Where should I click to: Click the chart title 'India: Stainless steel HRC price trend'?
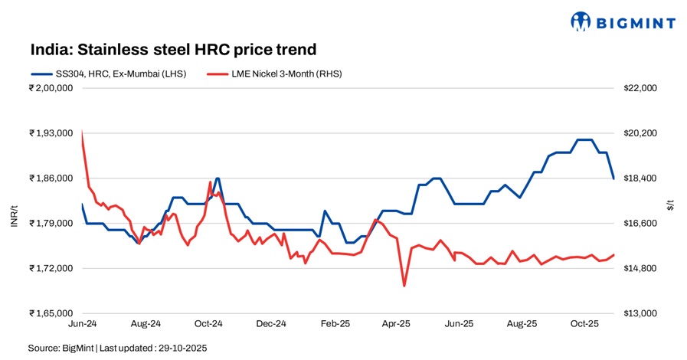coord(173,50)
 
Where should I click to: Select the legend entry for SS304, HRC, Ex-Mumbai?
coord(107,74)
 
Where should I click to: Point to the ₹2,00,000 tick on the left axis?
coord(51,88)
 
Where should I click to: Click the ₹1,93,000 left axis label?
coord(51,133)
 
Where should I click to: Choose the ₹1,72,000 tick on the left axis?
coord(51,269)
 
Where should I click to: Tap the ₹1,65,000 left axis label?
coord(51,314)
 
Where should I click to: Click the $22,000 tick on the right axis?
coord(641,88)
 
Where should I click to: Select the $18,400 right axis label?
coord(641,178)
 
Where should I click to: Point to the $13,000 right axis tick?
coord(641,314)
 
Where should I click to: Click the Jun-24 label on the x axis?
coord(82,324)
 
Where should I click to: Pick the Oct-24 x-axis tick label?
coord(208,324)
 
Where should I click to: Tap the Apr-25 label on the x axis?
coord(396,324)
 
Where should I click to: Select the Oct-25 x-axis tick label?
coord(584,324)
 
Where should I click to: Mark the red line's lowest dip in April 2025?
coord(404,286)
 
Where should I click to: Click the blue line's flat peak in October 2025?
coord(584,139)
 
